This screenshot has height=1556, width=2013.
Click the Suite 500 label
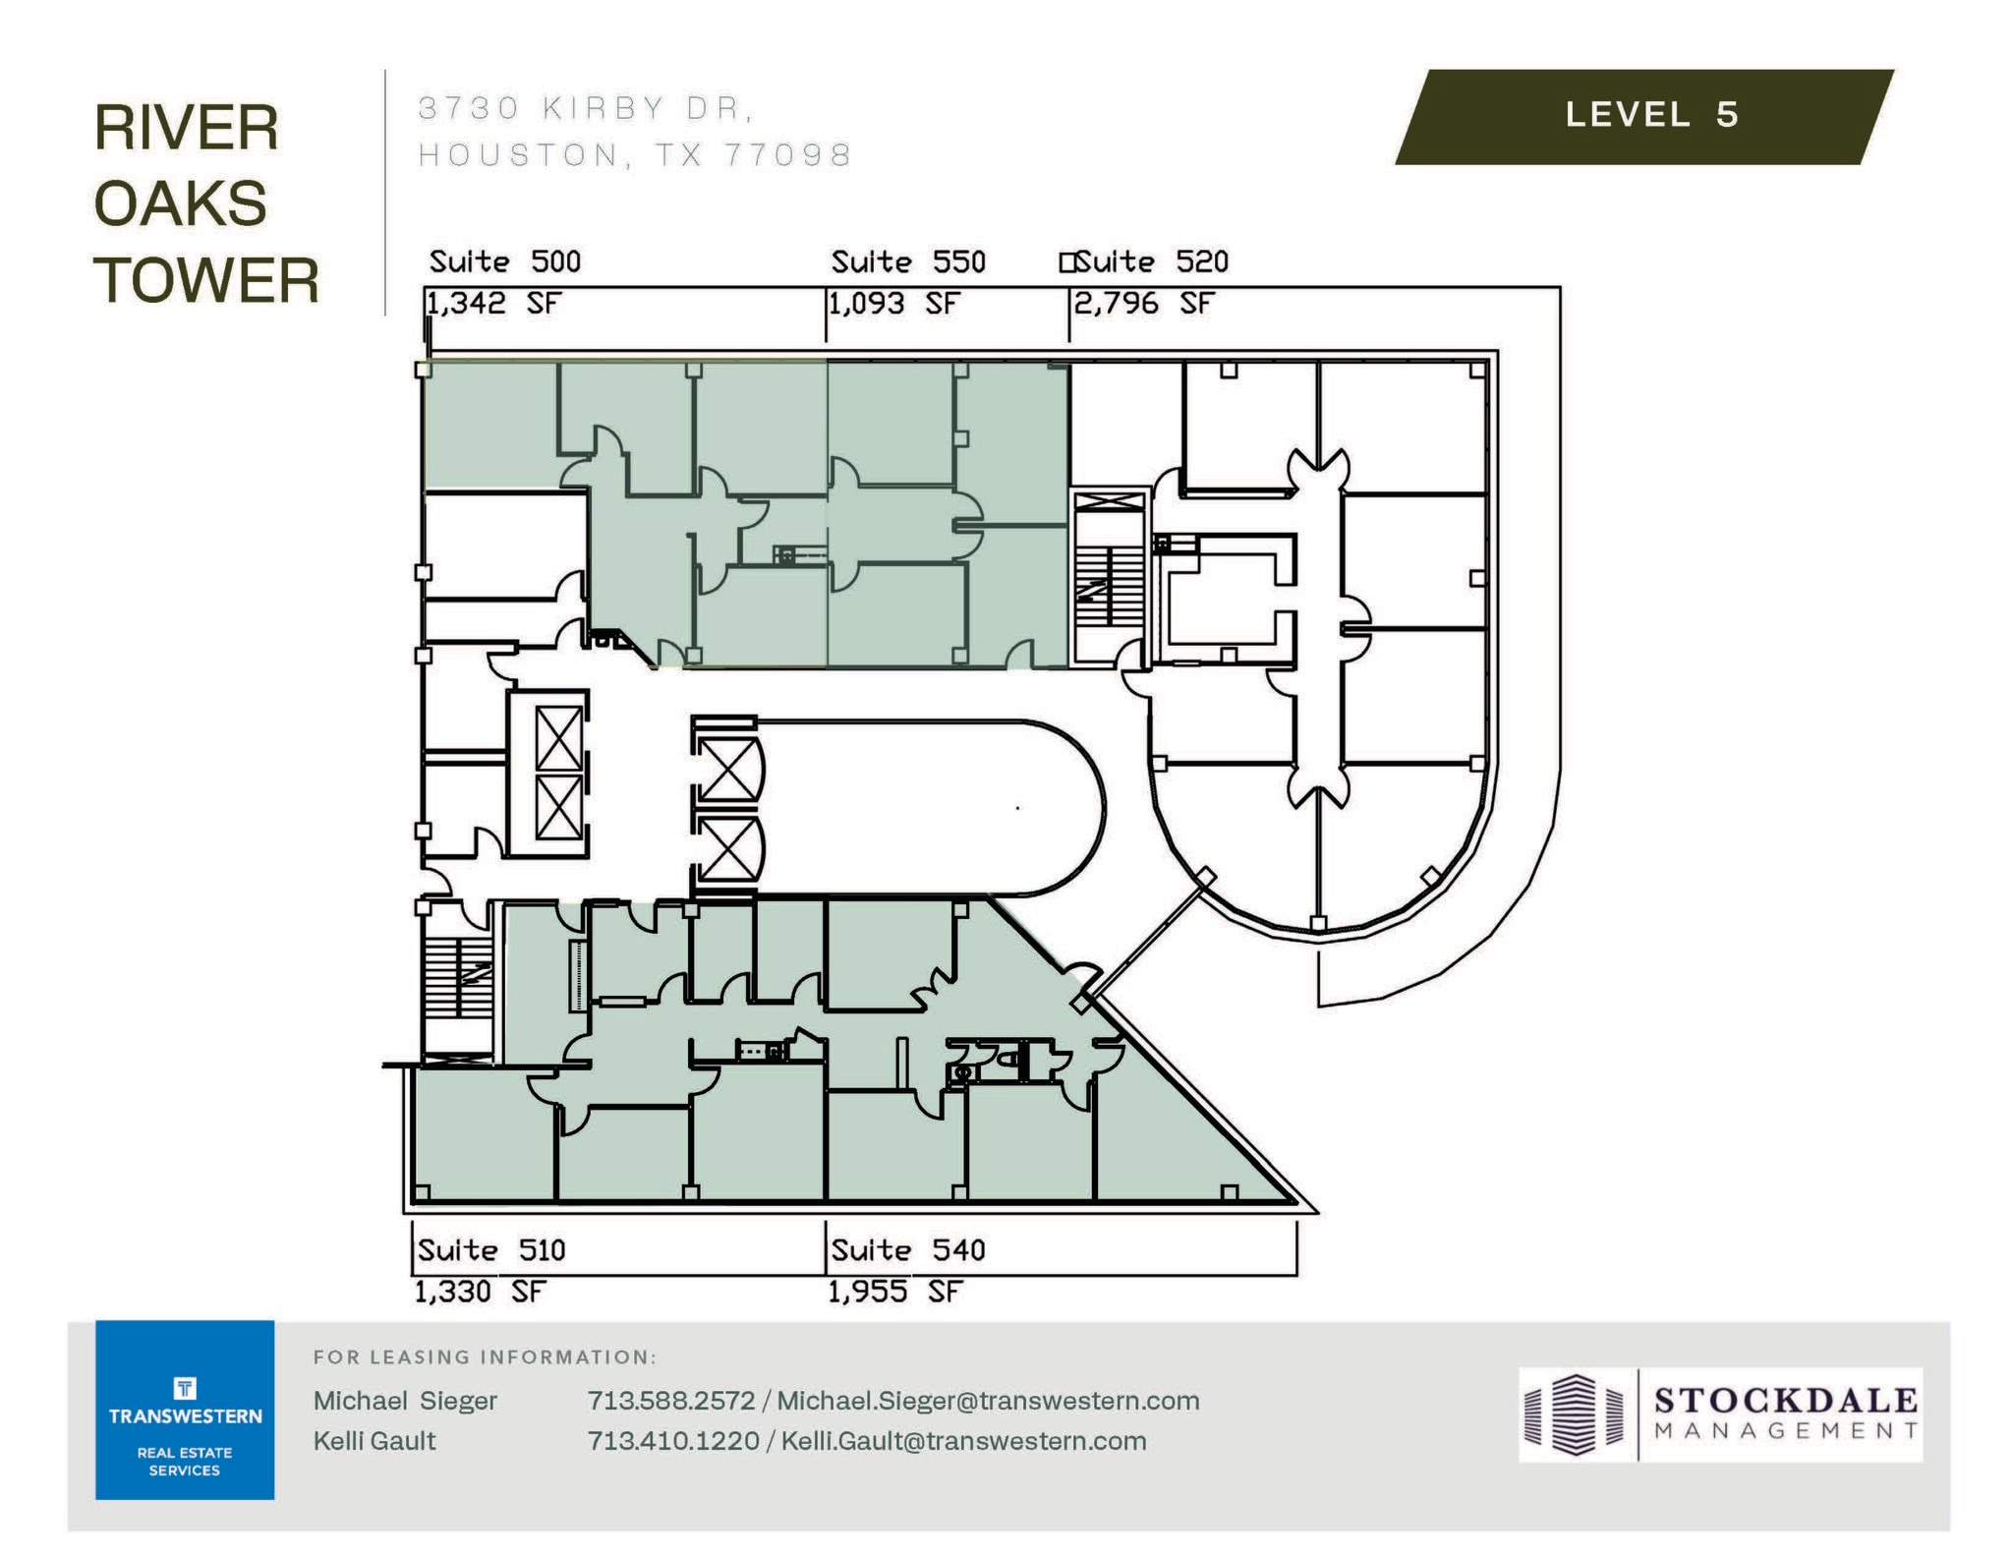[x=504, y=261]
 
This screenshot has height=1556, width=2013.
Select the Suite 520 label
[x=1150, y=261]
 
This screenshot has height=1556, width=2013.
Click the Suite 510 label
[x=490, y=1250]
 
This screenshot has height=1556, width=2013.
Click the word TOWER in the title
[x=206, y=280]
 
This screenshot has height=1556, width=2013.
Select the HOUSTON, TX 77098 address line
[x=635, y=155]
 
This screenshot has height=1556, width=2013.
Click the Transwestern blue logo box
[x=185, y=1410]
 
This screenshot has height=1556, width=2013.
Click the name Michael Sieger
[x=405, y=1401]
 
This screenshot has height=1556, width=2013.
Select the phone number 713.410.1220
[x=672, y=1441]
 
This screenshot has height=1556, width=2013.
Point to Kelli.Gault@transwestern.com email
[x=963, y=1441]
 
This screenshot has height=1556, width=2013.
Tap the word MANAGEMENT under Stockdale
[x=1786, y=1431]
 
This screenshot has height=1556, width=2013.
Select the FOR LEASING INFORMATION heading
[x=485, y=1357]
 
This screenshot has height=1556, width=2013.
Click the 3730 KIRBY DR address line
[x=586, y=108]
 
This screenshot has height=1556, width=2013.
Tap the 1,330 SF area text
[x=479, y=1292]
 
